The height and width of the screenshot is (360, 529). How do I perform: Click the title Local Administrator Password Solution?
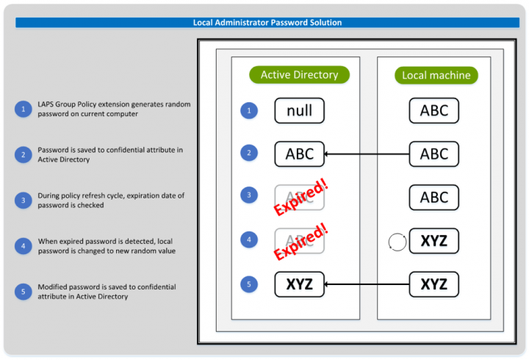click(267, 23)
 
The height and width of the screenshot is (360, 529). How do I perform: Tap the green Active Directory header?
click(299, 75)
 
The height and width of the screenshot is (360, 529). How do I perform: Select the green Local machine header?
click(436, 75)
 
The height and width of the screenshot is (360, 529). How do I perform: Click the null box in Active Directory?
click(299, 111)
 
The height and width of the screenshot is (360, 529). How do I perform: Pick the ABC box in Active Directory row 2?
click(299, 154)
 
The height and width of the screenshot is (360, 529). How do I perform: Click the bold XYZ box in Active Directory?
click(299, 284)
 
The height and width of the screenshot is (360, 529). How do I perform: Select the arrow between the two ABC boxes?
click(367, 154)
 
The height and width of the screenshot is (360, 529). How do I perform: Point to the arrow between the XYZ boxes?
click(367, 284)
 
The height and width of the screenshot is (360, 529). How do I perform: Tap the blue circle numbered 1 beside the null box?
click(250, 111)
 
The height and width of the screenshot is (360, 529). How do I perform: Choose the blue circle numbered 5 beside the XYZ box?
click(250, 284)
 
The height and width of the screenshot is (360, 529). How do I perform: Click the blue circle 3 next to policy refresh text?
click(22, 200)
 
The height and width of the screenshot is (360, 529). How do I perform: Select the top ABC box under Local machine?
click(433, 111)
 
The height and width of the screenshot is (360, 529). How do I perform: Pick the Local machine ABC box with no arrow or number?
click(433, 198)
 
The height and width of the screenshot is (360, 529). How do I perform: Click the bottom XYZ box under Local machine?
click(433, 284)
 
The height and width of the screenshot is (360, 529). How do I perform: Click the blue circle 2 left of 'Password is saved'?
click(22, 154)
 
